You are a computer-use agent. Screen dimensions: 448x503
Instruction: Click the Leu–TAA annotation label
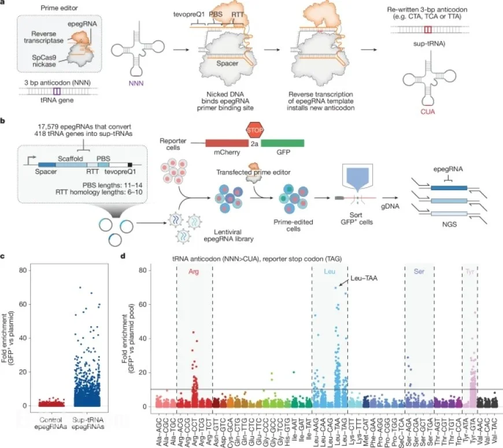[x=364, y=279]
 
